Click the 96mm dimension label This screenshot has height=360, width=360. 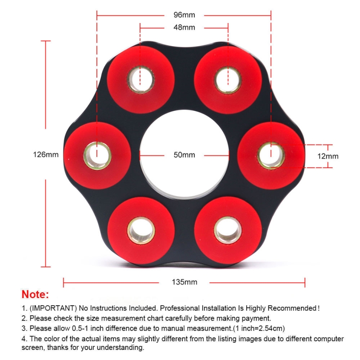184,15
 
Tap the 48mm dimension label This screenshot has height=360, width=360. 184,27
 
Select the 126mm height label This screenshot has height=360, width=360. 46,155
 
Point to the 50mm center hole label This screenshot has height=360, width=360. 184,155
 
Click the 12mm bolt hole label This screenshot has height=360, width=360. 328,156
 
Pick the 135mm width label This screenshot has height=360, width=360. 184,282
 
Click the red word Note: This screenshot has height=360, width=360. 35,294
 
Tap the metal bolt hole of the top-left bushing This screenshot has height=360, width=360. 141,80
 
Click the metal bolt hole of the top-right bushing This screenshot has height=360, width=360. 228,80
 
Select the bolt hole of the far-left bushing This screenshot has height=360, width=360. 97,156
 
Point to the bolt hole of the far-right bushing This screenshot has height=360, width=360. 271,156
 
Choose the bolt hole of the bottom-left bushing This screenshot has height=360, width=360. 141,230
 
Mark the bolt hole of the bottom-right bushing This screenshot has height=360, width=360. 228,230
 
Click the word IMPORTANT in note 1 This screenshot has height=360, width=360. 53,308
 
